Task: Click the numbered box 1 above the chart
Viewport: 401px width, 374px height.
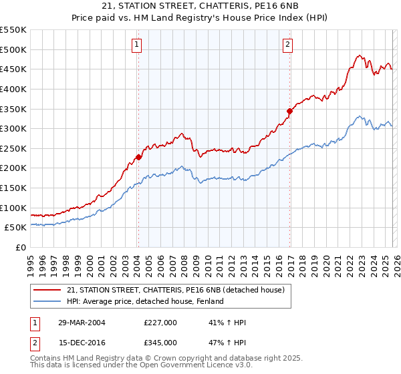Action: pyautogui.click(x=136, y=45)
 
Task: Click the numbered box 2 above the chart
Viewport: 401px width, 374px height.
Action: pyautogui.click(x=287, y=45)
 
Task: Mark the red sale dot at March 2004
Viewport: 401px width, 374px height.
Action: pyautogui.click(x=138, y=158)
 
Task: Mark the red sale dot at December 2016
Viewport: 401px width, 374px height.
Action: pyautogui.click(x=289, y=111)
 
